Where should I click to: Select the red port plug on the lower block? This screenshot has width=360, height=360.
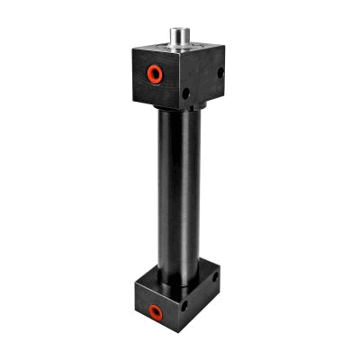pos(156,311)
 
